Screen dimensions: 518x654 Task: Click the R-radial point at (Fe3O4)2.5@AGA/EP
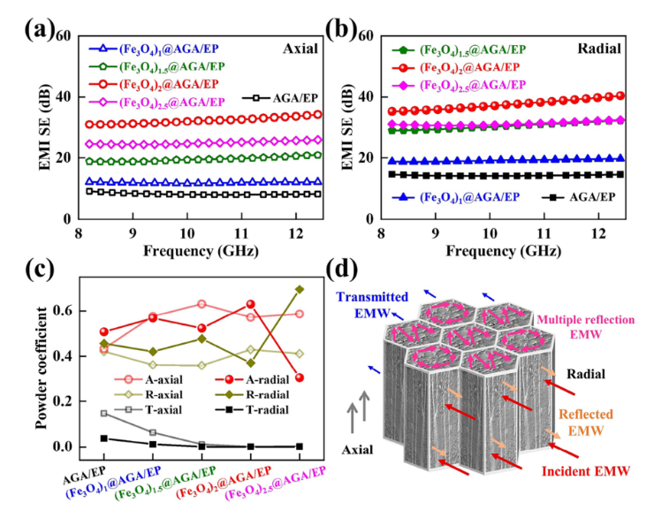click(x=300, y=289)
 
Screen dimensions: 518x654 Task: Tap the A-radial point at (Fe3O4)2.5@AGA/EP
click(x=300, y=377)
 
